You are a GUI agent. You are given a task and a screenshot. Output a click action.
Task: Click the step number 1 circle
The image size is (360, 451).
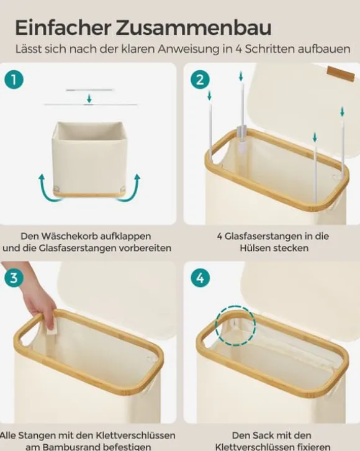coord(14,80)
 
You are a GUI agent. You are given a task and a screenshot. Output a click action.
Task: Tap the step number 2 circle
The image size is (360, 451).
coord(200,80)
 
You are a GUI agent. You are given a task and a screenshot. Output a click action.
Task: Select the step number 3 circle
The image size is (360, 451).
coord(14,278)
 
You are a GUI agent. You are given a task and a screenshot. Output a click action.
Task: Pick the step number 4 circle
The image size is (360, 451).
coord(200,278)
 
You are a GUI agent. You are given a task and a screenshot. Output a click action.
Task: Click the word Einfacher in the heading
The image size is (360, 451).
coord(63,28)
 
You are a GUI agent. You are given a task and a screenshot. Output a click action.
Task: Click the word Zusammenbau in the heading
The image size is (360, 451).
coord(194,28)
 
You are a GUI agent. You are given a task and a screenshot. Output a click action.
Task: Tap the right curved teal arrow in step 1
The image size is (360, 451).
coord(131,188)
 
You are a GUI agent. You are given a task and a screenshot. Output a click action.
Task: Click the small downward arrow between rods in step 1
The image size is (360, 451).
coord(89,99)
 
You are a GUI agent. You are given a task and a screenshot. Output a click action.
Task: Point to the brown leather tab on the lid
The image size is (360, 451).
coord(341,74)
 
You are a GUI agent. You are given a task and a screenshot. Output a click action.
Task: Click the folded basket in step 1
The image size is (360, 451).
coord(89,160)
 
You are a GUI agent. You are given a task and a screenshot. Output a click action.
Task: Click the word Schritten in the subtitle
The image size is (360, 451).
coord(269,49)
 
